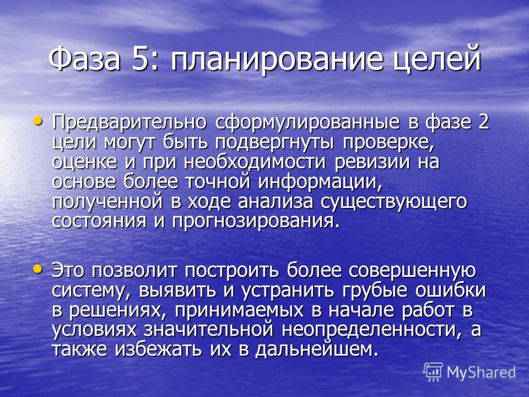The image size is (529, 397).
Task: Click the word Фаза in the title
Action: pyautogui.click(x=84, y=58)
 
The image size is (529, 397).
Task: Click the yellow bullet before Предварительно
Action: pyautogui.click(x=38, y=121)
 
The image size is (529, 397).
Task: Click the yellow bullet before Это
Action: pyautogui.click(x=38, y=269)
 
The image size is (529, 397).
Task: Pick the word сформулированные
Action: pyautogui.click(x=307, y=122)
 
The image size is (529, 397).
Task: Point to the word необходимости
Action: pyautogui.click(x=255, y=162)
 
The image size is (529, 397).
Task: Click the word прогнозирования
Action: pyautogui.click(x=255, y=222)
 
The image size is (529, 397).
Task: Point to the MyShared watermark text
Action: pyautogui.click(x=482, y=373)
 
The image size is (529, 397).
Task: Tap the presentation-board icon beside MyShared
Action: pyautogui.click(x=433, y=372)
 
